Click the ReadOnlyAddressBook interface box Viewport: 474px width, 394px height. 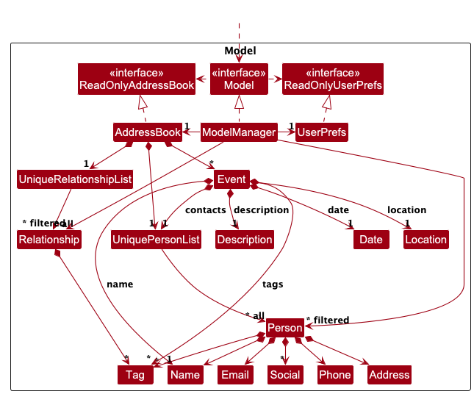coord(137,79)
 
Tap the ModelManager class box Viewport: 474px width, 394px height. coord(239,132)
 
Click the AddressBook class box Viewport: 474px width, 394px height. coord(148,132)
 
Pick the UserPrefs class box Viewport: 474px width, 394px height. coord(321,132)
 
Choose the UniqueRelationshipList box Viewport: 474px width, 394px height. coord(74,179)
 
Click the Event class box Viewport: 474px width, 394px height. coord(231,179)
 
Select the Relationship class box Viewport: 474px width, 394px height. coord(49,239)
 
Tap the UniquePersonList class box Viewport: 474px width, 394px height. coord(156,239)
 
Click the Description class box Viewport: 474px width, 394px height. coord(245,239)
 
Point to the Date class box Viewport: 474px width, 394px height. coord(371,239)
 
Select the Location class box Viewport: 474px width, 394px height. coord(425,239)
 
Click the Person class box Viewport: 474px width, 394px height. coord(284,328)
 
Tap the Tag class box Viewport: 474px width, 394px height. coord(135,374)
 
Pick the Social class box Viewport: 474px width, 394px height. coord(285,374)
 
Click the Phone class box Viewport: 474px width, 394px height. coord(335,374)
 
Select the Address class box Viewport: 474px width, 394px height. coord(389,374)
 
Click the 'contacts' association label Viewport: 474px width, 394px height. coord(206,210)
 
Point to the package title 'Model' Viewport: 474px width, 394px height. coord(240,51)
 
